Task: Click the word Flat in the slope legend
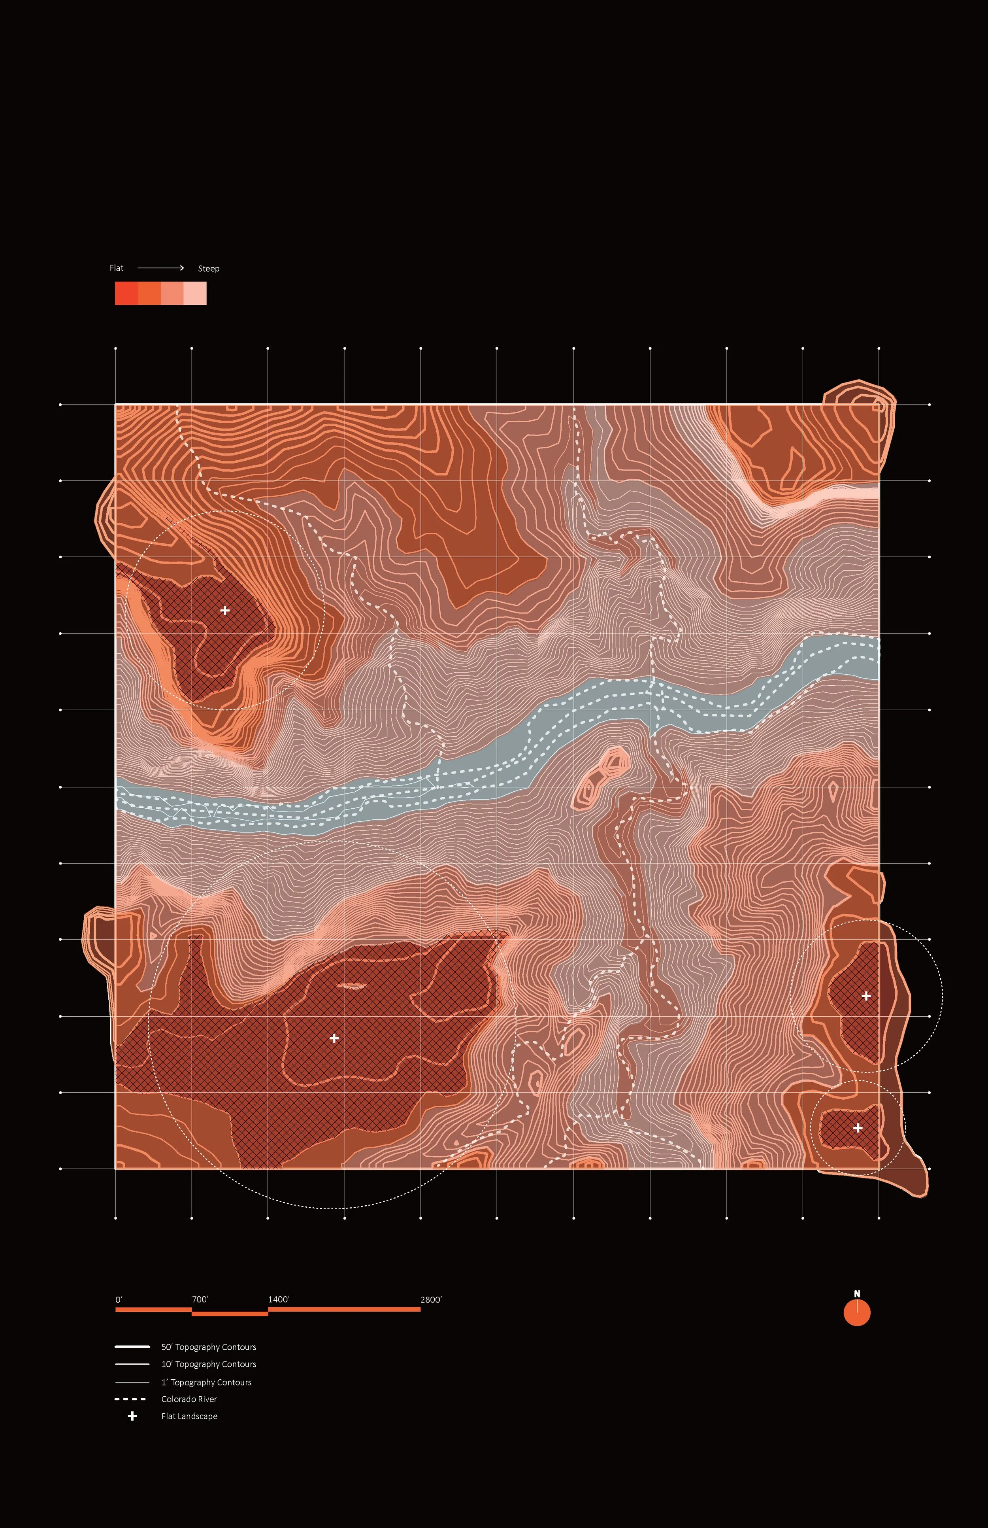pos(116,268)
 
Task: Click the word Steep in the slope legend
pos(209,269)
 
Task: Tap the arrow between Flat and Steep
pos(161,268)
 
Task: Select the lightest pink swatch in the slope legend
pos(195,293)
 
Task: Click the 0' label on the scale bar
pos(119,1299)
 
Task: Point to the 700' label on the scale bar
pos(200,1299)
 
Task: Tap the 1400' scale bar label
pos(279,1299)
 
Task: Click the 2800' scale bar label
pos(430,1299)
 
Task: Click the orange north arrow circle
pos(856,1313)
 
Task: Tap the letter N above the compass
pos(856,1294)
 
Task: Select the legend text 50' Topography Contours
pos(209,1347)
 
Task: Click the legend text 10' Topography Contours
pos(209,1364)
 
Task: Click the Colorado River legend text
pos(189,1399)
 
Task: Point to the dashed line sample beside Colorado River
pos(130,1399)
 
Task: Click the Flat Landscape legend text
pos(189,1416)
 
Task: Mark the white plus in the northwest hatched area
pos(224,611)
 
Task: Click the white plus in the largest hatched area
pos(334,1038)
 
